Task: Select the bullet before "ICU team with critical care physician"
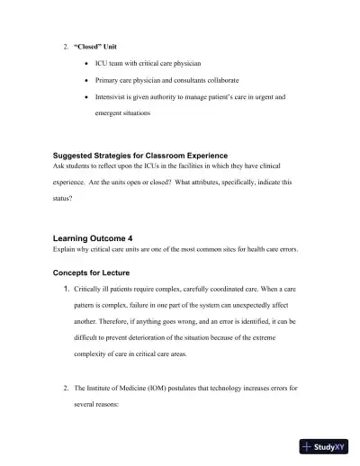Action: tap(85, 64)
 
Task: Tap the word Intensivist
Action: tap(111, 96)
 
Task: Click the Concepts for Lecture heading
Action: tap(93, 270)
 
